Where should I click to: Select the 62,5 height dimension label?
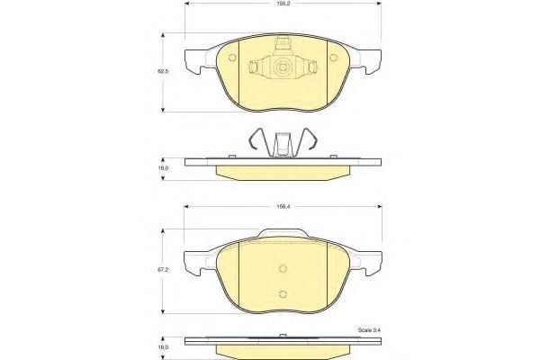pos(163,70)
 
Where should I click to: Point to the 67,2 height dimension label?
pos(163,268)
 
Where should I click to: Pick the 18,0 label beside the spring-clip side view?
pos(163,167)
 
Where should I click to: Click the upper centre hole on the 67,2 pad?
pos(282,267)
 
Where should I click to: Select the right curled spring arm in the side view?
pos(310,142)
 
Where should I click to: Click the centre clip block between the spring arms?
pos(282,145)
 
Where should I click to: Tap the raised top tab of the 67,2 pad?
pos(282,236)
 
